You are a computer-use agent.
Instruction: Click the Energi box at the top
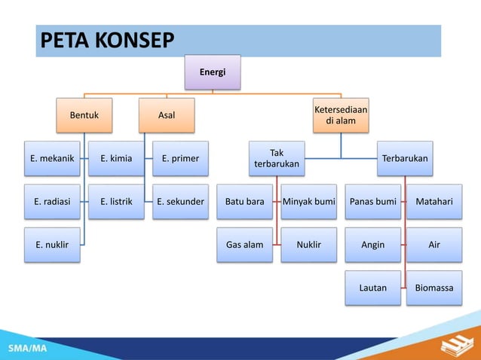coord(213,72)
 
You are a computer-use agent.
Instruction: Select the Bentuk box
coord(84,116)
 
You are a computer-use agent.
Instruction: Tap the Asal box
coord(166,116)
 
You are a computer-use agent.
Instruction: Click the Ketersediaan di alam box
coord(341,115)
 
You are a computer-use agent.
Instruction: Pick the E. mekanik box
coord(52,159)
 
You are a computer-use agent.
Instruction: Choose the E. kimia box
coord(116,159)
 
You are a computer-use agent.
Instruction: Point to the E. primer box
coord(180,159)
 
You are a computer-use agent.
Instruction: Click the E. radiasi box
coord(52,202)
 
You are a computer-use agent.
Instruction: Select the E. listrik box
coord(116,202)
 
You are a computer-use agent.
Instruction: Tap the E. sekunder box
coord(180,202)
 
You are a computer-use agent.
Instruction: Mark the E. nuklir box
coord(52,245)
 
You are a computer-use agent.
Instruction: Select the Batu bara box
coord(245,202)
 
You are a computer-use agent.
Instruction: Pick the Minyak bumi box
coord(308,202)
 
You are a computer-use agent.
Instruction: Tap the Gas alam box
coord(245,245)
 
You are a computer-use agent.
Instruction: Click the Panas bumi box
coord(373,202)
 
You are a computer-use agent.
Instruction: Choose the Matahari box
coord(434,202)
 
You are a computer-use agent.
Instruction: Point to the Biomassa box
coord(434,288)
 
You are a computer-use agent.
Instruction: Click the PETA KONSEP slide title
coord(106,41)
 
